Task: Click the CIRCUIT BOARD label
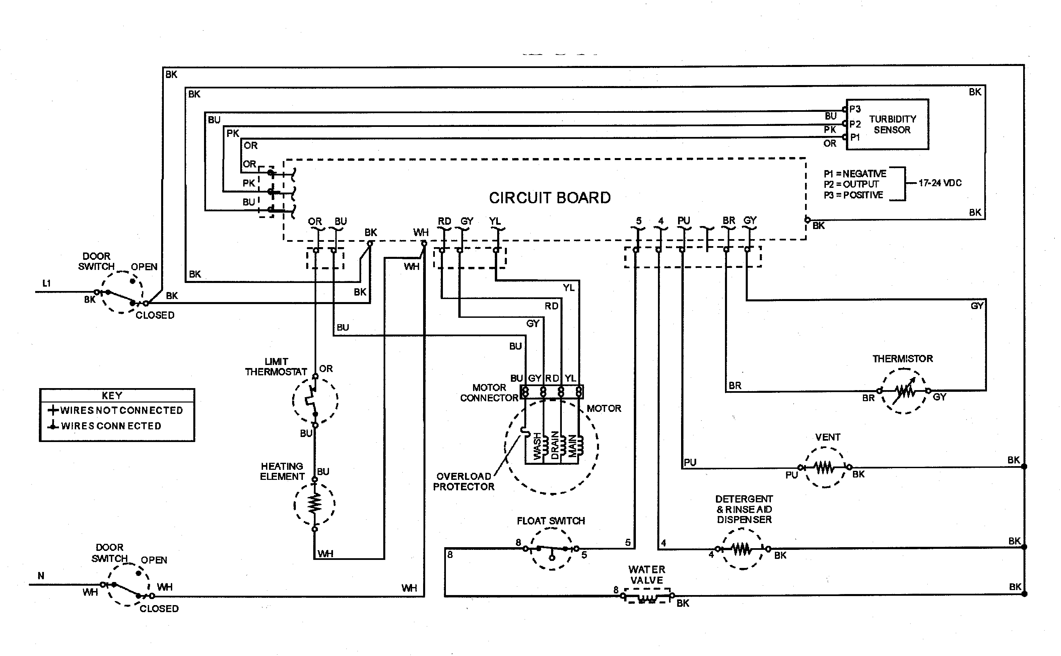549,198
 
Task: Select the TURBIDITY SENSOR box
887,125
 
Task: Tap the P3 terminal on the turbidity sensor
854,109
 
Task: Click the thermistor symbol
904,391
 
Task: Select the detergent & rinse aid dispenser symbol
742,549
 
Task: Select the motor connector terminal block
551,392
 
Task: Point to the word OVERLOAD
463,477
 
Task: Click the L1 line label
47,283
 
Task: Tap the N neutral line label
41,576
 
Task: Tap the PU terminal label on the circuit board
683,220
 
